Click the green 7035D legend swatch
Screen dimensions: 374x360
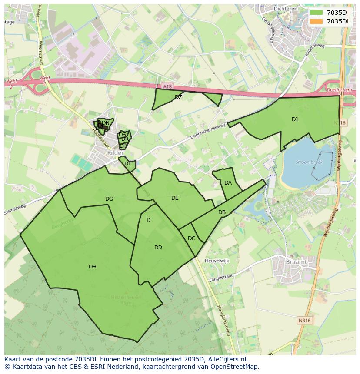317,13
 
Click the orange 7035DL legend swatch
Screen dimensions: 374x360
317,21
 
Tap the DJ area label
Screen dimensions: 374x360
295,119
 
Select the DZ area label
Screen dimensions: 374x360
178,97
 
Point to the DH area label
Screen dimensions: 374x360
93,267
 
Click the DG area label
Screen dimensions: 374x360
109,199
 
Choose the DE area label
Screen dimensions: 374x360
175,198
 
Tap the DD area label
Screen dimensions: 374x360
158,248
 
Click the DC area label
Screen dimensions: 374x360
191,238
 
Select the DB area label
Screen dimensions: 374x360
222,212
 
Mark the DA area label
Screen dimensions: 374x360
228,183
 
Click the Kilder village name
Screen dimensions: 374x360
116,153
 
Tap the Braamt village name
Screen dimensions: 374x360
297,262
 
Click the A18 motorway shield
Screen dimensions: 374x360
168,87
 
